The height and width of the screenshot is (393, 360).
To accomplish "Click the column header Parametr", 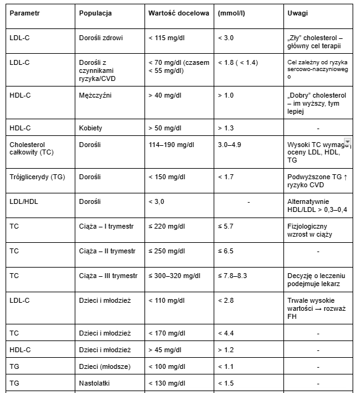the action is tap(25, 13).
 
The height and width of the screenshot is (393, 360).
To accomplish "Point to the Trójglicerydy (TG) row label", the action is tap(36, 177).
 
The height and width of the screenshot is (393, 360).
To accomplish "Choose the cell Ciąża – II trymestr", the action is tap(107, 251).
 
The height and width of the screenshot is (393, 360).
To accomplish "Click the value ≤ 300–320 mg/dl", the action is tap(175, 276).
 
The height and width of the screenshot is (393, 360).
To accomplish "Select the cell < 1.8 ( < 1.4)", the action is tap(238, 62).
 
